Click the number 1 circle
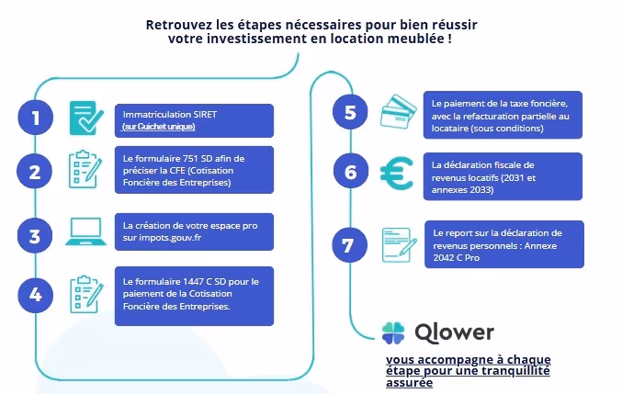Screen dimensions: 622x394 pyautogui.click(x=35, y=118)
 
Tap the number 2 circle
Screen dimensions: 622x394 pyautogui.click(x=35, y=172)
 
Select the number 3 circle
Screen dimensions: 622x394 pyautogui.click(x=35, y=235)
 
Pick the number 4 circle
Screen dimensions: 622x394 pyautogui.click(x=35, y=295)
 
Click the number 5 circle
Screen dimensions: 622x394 pyautogui.click(x=350, y=113)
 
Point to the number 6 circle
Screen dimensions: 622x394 pyautogui.click(x=350, y=173)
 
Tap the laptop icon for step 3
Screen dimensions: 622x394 pyautogui.click(x=88, y=233)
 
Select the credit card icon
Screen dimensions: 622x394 pyautogui.click(x=398, y=111)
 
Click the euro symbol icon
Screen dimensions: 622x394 pyautogui.click(x=398, y=173)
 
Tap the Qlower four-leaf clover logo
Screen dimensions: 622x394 pyautogui.click(x=393, y=332)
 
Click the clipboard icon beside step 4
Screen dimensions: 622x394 pyautogui.click(x=86, y=294)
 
